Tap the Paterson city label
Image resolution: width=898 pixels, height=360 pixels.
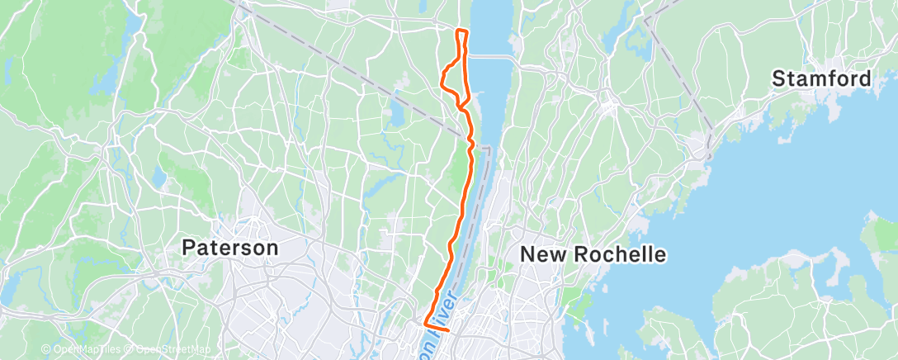230,247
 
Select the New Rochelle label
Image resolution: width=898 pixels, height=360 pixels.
593,254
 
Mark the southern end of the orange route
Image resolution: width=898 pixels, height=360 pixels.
448,330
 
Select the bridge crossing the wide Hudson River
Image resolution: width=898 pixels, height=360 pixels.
489,57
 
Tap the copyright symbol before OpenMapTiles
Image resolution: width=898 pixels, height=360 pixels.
45,350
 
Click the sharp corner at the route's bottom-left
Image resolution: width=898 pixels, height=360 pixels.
424,324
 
